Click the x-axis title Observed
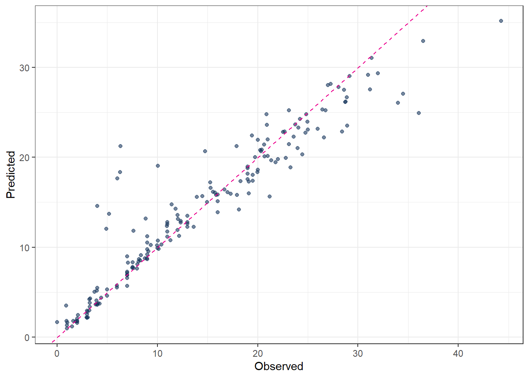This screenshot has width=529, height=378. (x=279, y=366)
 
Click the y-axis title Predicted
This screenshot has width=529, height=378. (x=11, y=174)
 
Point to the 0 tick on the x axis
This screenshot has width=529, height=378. (x=57, y=354)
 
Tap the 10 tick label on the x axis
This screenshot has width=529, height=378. (x=157, y=354)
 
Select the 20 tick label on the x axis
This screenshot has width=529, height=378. (x=258, y=354)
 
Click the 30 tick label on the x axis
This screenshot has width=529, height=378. (x=358, y=354)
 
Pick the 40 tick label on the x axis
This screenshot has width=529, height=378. (x=458, y=354)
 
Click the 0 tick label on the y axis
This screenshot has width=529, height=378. (x=27, y=337)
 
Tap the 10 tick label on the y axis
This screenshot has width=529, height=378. (x=24, y=248)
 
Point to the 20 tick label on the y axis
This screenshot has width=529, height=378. (x=24, y=157)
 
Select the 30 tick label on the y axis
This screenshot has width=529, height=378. (x=24, y=68)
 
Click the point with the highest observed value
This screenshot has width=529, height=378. (x=501, y=21)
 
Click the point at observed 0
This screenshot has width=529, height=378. (x=57, y=322)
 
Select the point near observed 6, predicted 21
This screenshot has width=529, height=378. (x=120, y=146)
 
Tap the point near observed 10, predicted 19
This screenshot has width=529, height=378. (x=158, y=166)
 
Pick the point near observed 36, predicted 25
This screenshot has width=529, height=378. (x=419, y=113)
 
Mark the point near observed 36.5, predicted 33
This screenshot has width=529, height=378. (x=423, y=41)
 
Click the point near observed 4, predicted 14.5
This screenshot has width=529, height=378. (x=97, y=206)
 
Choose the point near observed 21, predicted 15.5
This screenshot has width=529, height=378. (x=270, y=196)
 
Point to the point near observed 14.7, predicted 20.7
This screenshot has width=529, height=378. (x=205, y=151)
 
